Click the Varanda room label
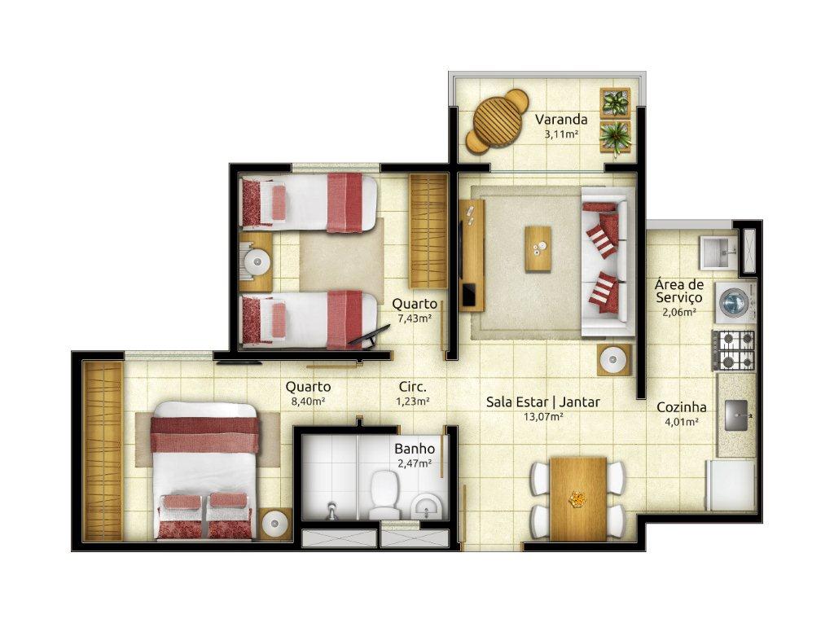[560, 119]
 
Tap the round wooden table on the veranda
[498, 121]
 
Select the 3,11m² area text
[561, 134]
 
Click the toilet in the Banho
[384, 494]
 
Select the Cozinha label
[682, 407]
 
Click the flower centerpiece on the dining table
[577, 499]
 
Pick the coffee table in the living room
[538, 249]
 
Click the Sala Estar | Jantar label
[542, 402]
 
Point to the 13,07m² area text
[543, 417]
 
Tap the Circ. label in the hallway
[413, 387]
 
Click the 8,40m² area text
[308, 401]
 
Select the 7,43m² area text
[415, 318]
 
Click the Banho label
[415, 449]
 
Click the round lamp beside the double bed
[275, 524]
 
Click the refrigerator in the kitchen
[731, 485]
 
